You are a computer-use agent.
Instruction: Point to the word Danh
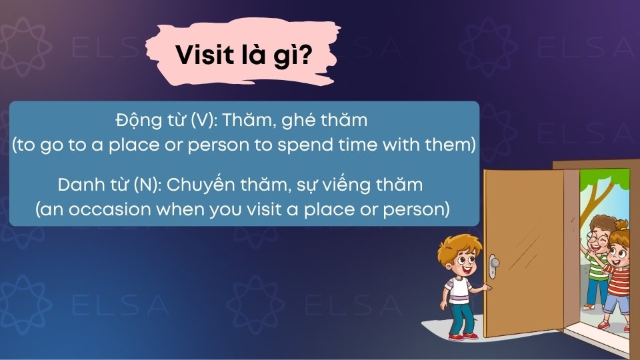click(x=79, y=183)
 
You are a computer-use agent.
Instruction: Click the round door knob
click(x=495, y=261)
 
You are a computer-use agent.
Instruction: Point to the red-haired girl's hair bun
click(x=623, y=225)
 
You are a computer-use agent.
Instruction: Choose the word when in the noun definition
click(x=210, y=208)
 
